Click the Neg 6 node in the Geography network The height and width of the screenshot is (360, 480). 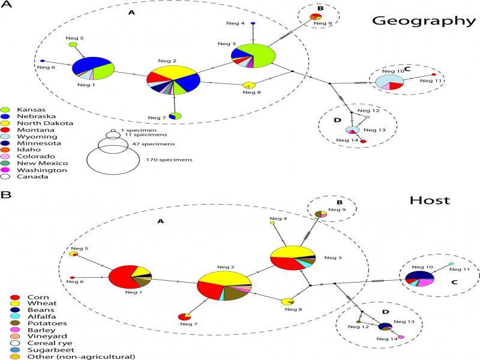42,61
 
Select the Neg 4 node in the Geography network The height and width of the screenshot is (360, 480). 253,23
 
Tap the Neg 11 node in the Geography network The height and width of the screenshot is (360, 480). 434,74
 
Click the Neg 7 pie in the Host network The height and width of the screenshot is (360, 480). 184,316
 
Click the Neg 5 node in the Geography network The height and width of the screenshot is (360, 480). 73,44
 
